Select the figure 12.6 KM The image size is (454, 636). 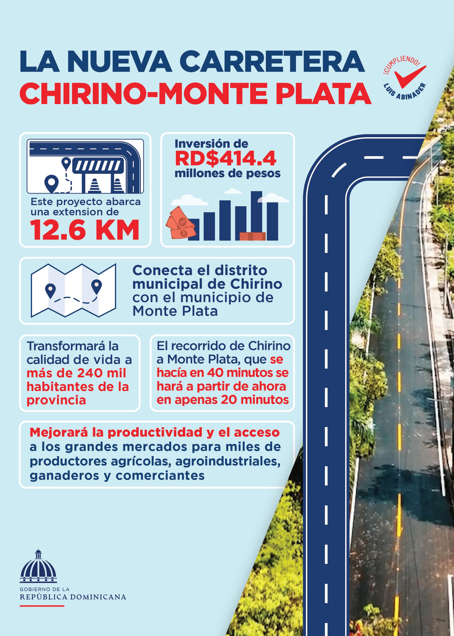85,230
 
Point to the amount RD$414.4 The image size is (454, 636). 226,158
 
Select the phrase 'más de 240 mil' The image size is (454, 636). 76,373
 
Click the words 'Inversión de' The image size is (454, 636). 211,144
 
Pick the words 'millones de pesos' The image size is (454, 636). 227,173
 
